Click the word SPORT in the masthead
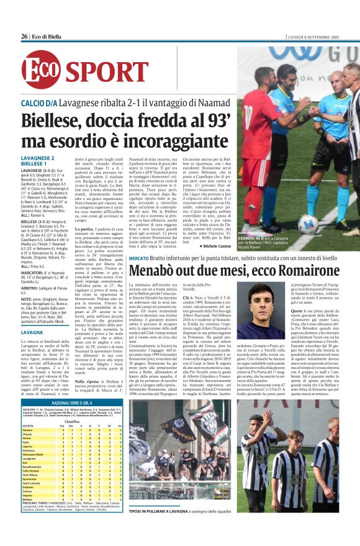pos(99,70)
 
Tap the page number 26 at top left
pos(24,36)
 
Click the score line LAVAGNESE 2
pos(38,158)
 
